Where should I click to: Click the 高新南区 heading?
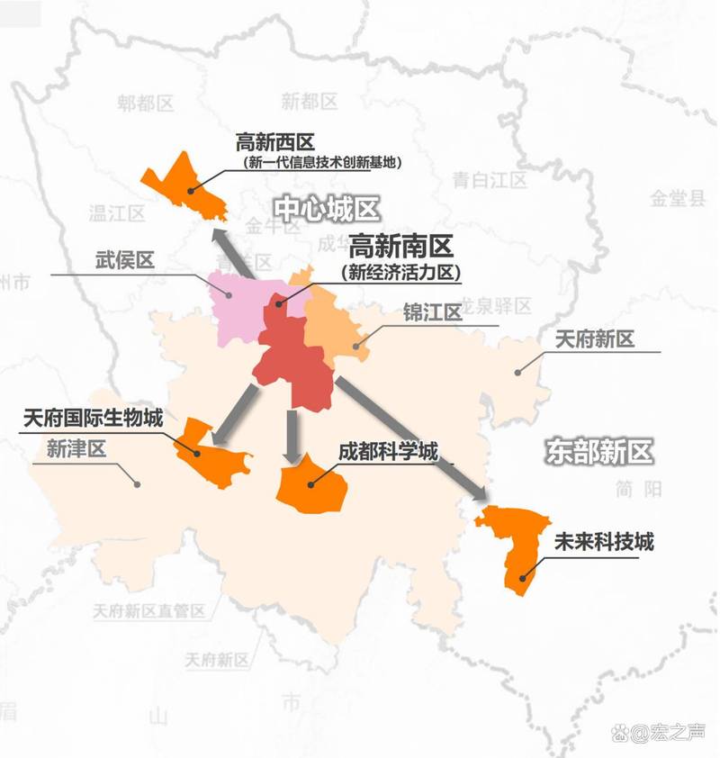coord(401,247)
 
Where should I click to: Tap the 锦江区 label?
coord(432,312)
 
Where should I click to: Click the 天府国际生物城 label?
coord(93,419)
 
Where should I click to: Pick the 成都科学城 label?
coord(388,450)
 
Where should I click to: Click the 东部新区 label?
coord(598,451)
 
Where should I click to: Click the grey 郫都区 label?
coord(144,104)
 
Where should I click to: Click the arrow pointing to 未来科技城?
coord(413,438)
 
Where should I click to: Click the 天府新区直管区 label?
coord(149,611)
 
